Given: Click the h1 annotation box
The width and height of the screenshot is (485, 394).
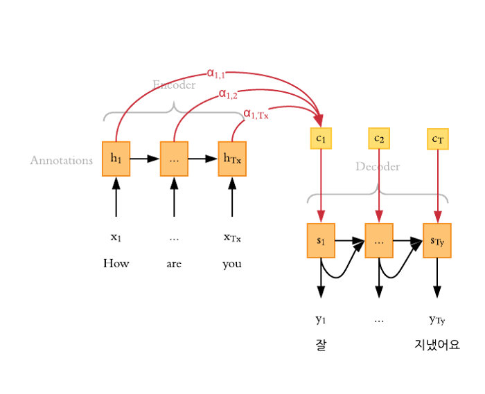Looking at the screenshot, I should point(116,159).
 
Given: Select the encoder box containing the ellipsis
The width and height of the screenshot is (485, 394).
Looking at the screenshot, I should point(174,159).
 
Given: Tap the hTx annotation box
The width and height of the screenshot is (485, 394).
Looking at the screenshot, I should point(231,159).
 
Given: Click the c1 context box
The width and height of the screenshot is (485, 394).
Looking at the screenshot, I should point(321,138).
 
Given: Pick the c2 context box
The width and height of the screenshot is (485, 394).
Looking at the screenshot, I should point(378,138).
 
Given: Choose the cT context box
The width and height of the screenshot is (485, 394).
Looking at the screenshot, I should point(437,140).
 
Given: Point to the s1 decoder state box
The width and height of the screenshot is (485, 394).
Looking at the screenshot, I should point(321,240).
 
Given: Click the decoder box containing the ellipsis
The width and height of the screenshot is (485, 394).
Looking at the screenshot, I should point(379,240).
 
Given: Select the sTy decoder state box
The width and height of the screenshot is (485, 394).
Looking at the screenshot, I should point(437,240).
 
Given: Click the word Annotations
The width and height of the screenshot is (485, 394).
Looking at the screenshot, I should point(61,160).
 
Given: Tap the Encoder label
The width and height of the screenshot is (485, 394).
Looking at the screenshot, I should point(174,85).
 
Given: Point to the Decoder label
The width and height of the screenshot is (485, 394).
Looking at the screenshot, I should point(378,167).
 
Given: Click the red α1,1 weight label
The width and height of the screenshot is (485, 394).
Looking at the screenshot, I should point(217,72).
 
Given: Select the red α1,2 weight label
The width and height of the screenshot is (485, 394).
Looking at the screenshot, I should point(229,93).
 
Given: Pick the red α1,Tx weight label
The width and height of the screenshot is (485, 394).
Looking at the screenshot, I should point(256,114).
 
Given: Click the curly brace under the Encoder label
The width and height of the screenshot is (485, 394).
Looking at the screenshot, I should point(174,111).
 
